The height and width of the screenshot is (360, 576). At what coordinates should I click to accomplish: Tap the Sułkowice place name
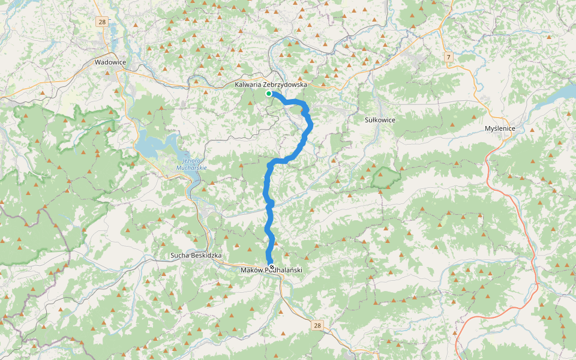[x=380, y=120]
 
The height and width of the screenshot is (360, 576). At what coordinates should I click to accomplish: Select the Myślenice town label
[x=500, y=129]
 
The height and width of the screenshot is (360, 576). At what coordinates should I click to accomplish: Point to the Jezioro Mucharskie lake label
[x=191, y=164]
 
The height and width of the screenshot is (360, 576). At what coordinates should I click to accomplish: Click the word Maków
[x=251, y=270]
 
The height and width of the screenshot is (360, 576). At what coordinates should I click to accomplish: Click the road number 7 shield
[x=448, y=56]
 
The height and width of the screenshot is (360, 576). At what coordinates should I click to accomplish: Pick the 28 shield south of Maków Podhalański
[x=317, y=325]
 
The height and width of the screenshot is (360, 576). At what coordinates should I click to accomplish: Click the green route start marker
[x=269, y=94]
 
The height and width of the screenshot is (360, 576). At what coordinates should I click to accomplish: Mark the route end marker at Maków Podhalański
[x=272, y=267]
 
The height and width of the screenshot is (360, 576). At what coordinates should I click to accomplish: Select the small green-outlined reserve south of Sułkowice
[x=386, y=177]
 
